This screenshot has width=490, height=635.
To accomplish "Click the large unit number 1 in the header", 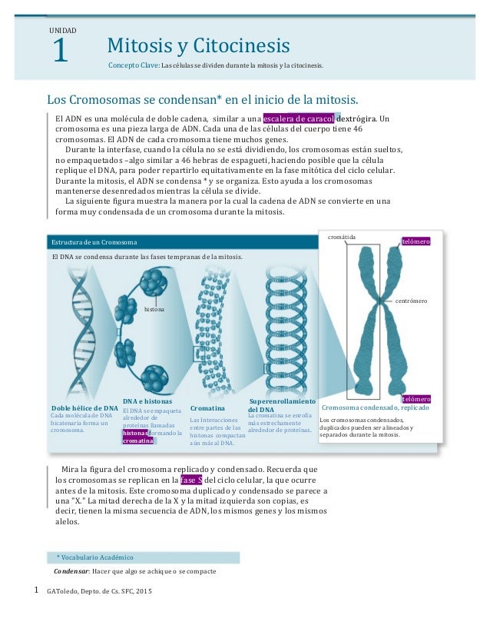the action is point(60,52).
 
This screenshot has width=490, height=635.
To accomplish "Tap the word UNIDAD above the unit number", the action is point(62,30).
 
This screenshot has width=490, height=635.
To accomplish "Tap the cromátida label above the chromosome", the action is point(343,238).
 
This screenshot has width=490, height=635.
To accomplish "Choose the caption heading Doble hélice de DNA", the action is point(84,407).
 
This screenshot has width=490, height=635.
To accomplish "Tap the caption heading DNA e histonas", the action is point(147,401).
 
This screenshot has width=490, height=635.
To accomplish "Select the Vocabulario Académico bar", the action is point(142,557).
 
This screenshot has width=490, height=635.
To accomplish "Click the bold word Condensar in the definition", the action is point(71,572).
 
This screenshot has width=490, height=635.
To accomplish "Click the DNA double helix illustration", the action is point(79,338).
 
